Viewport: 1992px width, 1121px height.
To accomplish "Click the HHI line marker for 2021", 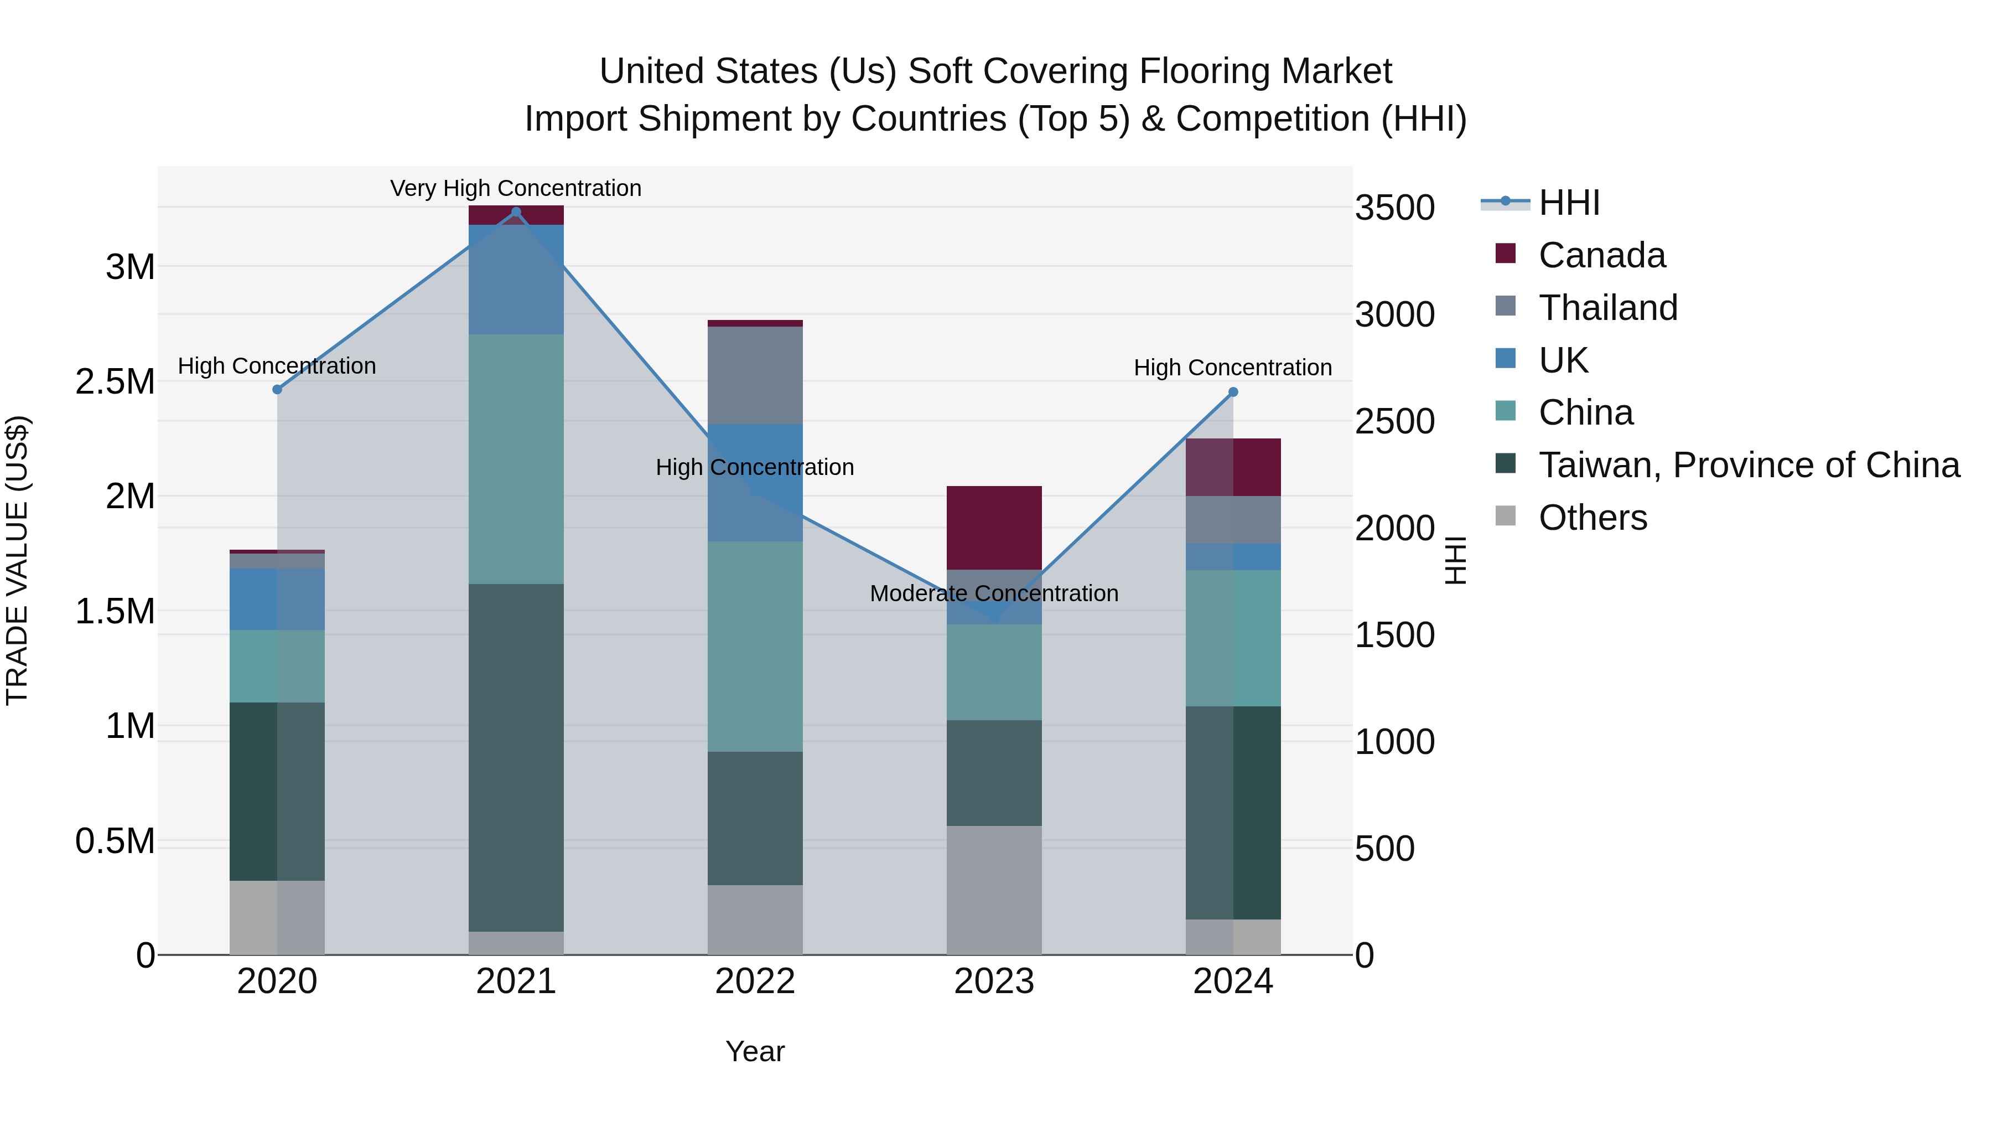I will point(516,212).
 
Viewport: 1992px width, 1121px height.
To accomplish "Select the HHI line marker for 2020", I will point(277,389).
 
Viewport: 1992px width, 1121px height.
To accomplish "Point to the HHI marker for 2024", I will point(1233,392).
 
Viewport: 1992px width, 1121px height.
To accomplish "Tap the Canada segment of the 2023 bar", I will point(994,528).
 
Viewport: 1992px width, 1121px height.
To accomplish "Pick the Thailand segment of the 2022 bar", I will point(755,375).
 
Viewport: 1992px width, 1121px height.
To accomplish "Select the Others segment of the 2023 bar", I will point(994,890).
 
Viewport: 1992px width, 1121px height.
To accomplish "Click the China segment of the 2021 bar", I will point(516,459).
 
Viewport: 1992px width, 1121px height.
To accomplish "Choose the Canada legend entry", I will point(1601,255).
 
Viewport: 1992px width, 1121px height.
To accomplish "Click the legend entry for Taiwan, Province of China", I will point(1747,465).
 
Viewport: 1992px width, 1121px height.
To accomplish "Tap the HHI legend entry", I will point(1568,203).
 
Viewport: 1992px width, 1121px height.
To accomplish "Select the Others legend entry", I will point(1591,518).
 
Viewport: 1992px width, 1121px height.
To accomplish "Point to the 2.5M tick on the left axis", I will point(115,381).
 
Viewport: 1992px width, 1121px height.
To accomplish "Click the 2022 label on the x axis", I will point(755,981).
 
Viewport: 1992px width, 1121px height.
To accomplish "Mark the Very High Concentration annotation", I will point(516,188).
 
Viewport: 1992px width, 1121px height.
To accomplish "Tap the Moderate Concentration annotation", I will point(994,593).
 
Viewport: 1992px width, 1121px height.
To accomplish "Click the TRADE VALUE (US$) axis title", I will point(17,560).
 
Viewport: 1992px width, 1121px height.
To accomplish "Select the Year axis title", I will point(755,1051).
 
